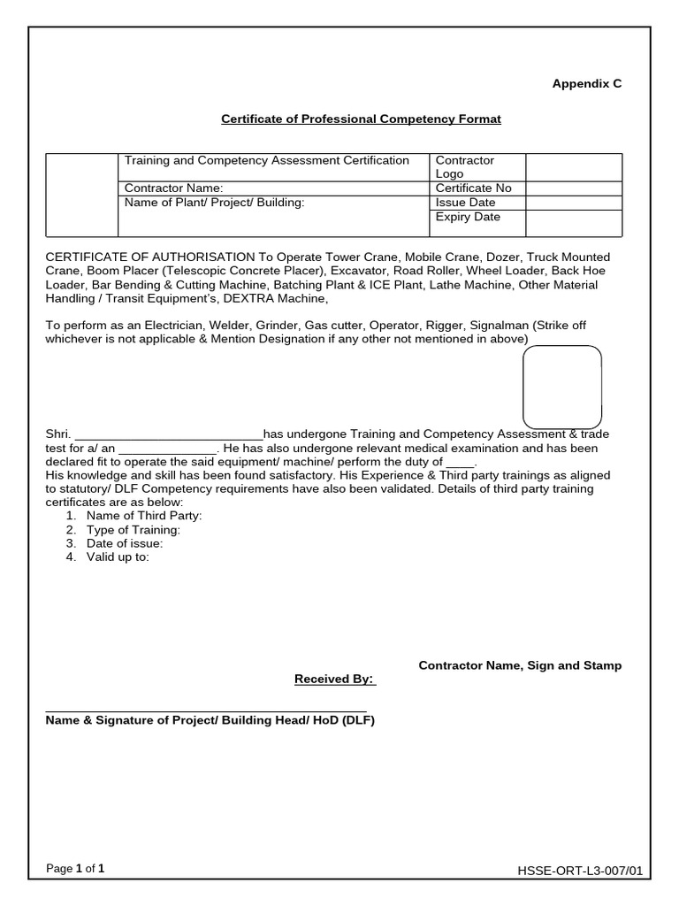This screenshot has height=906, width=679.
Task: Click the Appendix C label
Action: [x=586, y=83]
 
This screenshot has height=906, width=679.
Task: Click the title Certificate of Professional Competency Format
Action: [x=361, y=119]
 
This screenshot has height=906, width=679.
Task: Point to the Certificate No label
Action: [x=473, y=188]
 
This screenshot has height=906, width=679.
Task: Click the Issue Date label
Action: [x=465, y=203]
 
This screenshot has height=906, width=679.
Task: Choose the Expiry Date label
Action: [x=468, y=217]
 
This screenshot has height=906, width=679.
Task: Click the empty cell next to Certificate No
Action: [x=573, y=188]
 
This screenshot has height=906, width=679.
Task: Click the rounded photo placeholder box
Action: [x=562, y=387]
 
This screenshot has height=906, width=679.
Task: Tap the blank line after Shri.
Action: [x=169, y=434]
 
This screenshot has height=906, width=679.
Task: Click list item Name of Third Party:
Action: [x=144, y=516]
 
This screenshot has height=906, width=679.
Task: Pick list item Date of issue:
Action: [x=125, y=543]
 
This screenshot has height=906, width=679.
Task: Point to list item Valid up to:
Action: [x=118, y=557]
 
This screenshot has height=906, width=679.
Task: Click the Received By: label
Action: [x=334, y=679]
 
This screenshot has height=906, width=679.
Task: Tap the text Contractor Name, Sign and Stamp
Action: [x=520, y=665]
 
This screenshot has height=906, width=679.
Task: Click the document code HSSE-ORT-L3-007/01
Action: [x=580, y=871]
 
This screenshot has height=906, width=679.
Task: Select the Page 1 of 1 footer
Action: [x=75, y=869]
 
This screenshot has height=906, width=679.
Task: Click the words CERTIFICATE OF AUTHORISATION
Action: [x=150, y=257]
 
